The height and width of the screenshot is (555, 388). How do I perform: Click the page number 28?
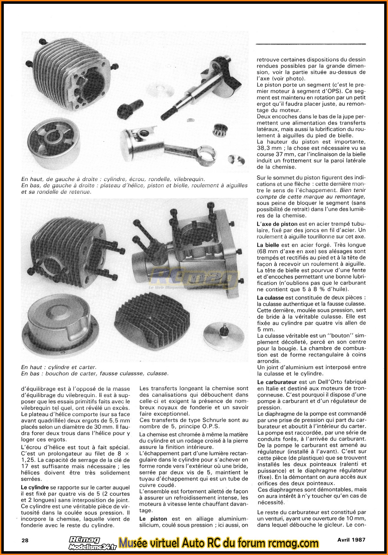(25, 540)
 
